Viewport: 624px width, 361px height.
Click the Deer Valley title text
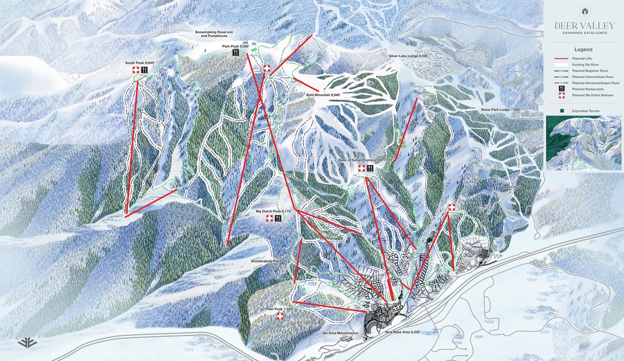point(584,26)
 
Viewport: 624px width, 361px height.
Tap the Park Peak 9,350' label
point(236,46)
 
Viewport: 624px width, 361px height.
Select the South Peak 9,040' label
point(140,63)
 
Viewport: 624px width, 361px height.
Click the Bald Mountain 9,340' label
point(323,95)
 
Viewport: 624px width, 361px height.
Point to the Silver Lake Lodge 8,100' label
point(408,56)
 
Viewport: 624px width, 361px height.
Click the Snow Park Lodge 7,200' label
point(500,110)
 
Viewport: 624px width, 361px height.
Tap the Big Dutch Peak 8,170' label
point(273,211)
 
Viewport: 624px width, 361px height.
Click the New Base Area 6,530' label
point(403,332)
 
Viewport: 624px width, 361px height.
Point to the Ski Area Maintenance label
point(340,333)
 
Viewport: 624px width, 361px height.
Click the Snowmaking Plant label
point(266,261)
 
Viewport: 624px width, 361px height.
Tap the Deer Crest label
point(511,187)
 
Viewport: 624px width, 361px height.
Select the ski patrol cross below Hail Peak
point(280,316)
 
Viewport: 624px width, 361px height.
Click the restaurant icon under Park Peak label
point(236,53)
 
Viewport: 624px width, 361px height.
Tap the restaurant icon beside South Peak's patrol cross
point(144,70)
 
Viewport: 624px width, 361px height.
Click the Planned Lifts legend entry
point(582,58)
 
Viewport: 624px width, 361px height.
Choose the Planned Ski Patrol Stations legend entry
point(592,95)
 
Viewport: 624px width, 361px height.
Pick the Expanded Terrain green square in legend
point(562,111)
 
